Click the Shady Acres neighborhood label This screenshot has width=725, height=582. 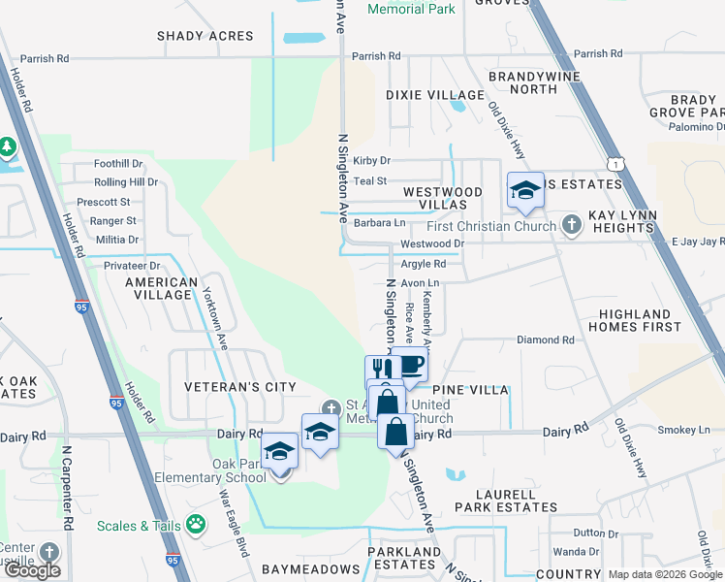pos(205,36)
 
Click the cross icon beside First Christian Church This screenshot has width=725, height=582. pos(572,226)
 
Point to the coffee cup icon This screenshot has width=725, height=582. pos(410,366)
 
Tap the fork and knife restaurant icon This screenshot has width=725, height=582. pos(381,370)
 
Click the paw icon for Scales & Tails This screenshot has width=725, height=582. pos(196,525)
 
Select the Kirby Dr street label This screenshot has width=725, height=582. pos(371,161)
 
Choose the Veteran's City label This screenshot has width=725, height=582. pos(240,387)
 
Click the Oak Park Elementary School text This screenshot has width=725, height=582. pos(211,470)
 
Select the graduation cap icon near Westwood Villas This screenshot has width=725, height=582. pos(524,189)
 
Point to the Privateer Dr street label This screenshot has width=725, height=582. pos(127,265)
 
